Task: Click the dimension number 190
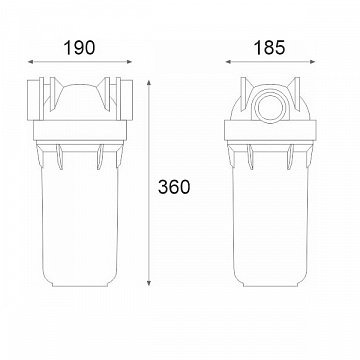(x=79, y=48)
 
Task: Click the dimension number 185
(x=270, y=48)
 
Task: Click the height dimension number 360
(x=174, y=187)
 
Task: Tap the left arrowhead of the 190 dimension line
(x=30, y=62)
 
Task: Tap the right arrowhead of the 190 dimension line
(x=130, y=62)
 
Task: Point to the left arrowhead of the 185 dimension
(x=228, y=62)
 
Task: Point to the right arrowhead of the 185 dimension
(x=312, y=62)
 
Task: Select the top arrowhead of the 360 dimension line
(x=149, y=83)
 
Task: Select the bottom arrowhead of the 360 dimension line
(x=149, y=283)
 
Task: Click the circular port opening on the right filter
(x=270, y=107)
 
